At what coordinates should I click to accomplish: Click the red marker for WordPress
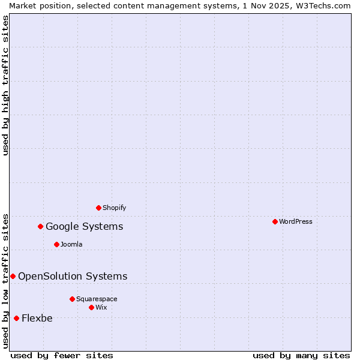(x=275, y=222)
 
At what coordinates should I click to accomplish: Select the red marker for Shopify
(x=98, y=208)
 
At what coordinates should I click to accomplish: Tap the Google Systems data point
(x=41, y=227)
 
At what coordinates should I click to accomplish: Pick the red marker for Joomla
(x=56, y=245)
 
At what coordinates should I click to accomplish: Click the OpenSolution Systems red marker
(x=13, y=277)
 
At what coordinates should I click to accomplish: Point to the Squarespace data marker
(x=72, y=299)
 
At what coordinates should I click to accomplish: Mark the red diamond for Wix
(x=91, y=308)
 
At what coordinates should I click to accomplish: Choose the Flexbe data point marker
(x=16, y=319)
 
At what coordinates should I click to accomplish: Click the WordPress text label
(x=296, y=222)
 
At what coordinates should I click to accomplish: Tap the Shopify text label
(x=115, y=208)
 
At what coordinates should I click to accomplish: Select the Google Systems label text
(x=85, y=227)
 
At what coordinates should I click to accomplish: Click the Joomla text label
(x=71, y=245)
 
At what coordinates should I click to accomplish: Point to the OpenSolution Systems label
(x=73, y=277)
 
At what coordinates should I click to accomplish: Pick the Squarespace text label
(x=97, y=299)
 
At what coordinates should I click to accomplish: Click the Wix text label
(x=101, y=308)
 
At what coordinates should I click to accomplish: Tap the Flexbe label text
(x=37, y=319)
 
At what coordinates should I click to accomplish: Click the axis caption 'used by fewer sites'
(x=62, y=356)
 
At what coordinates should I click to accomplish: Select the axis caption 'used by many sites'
(x=301, y=356)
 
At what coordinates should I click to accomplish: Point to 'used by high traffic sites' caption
(x=5, y=85)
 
